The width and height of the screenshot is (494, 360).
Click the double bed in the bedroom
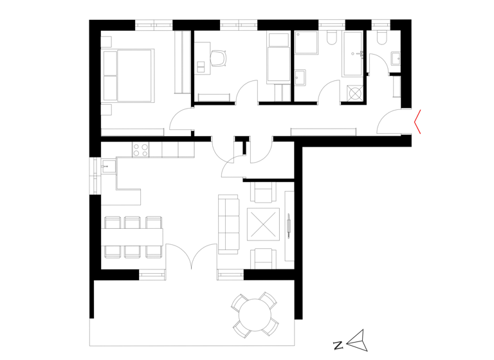127,75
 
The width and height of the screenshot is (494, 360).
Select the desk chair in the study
219,58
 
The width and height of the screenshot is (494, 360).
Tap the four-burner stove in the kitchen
141,150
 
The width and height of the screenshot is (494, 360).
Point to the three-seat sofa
228,224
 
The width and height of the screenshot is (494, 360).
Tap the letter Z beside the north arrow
338,345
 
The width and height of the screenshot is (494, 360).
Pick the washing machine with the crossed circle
353,93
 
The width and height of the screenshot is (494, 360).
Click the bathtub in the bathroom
353,58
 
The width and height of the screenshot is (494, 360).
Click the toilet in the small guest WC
380,37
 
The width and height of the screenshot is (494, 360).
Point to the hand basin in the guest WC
396,60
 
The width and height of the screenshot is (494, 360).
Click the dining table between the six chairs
133,236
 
